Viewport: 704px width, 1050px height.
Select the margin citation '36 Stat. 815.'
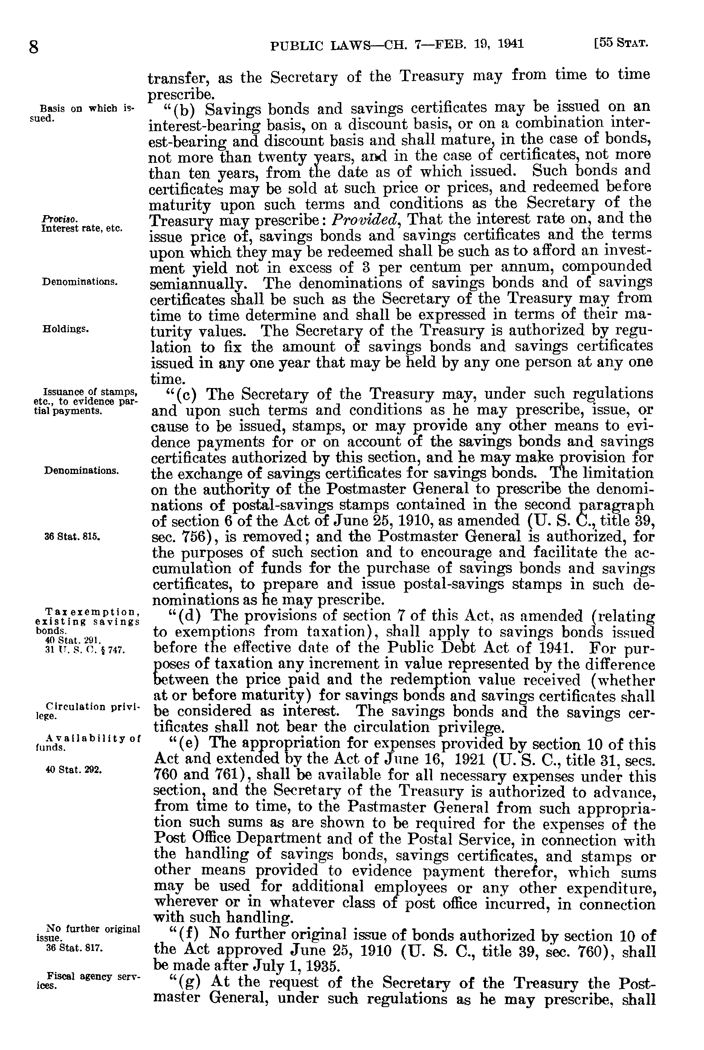73,536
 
